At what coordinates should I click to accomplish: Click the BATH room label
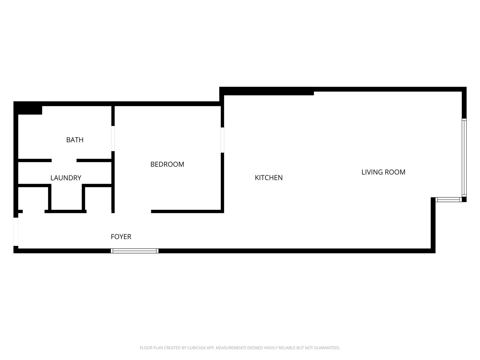tap(75, 140)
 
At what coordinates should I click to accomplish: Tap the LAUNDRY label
tap(66, 178)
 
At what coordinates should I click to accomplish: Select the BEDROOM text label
tap(167, 164)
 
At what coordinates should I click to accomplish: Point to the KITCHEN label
tap(268, 178)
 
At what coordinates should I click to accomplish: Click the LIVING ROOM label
tap(383, 172)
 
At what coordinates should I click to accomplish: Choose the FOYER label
tap(121, 237)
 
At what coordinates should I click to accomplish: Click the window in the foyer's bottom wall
tap(134, 251)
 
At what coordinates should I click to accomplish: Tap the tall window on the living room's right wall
tap(464, 157)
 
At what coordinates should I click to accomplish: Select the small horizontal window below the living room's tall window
tap(448, 199)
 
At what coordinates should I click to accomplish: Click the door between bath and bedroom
tap(113, 139)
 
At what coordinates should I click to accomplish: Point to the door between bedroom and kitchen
tap(222, 140)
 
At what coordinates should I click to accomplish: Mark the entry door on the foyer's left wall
tap(16, 232)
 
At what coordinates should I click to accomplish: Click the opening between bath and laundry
tap(64, 160)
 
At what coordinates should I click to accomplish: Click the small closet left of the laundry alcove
tap(33, 199)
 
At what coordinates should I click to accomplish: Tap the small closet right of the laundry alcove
tap(98, 199)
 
